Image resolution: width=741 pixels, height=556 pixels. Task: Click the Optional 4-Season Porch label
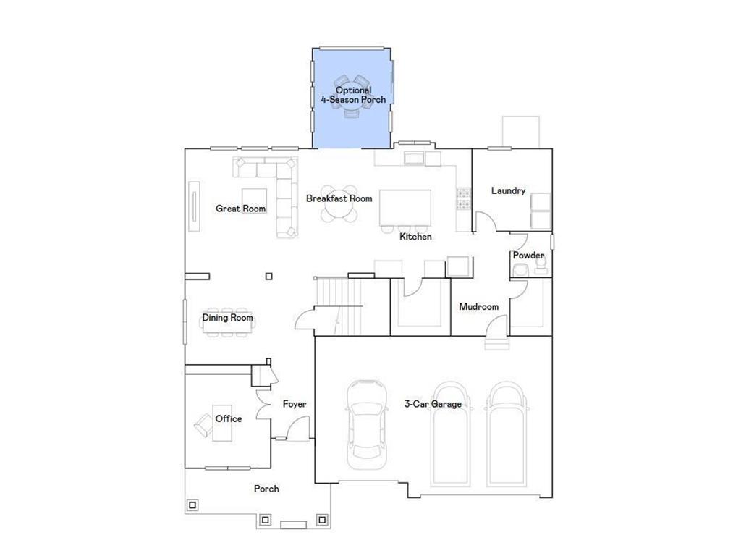point(353,95)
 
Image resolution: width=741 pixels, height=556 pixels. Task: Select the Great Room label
point(240,208)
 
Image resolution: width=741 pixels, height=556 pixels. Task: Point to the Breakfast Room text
point(339,198)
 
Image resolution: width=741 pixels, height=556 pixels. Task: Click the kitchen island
point(405,209)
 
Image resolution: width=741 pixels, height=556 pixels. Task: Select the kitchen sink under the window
point(415,159)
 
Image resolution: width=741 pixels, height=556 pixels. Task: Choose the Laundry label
point(508,191)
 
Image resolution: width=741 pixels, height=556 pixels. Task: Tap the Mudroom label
point(478,307)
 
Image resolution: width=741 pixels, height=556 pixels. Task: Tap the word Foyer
point(294,404)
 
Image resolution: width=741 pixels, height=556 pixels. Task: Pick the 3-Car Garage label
point(432,404)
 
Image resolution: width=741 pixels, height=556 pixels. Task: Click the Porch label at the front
point(266,489)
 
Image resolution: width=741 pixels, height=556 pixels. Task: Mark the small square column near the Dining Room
point(269,276)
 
